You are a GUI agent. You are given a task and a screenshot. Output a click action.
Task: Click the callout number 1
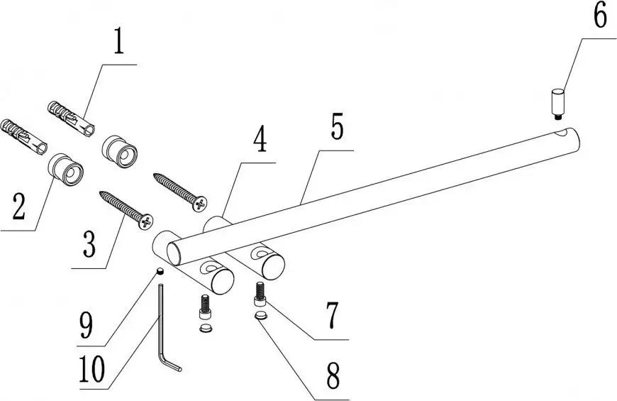118,43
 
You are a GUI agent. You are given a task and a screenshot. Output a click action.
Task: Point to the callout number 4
260,139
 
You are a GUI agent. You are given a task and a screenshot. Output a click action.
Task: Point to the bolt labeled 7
260,293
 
